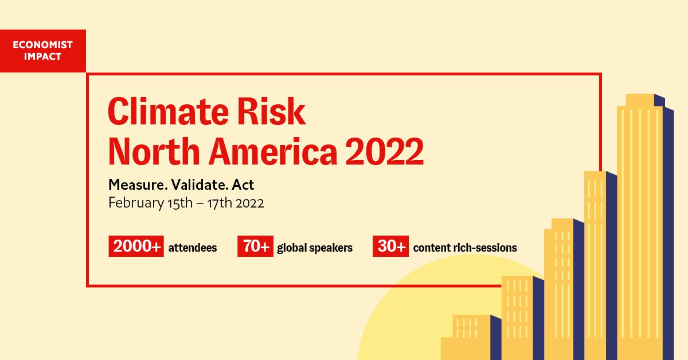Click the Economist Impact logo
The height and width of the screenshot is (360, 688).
click(43, 51)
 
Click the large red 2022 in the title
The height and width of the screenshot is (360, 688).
click(385, 151)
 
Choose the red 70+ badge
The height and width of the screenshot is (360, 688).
click(255, 247)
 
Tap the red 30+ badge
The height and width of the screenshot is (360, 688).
click(390, 247)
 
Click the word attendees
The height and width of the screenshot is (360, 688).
click(193, 248)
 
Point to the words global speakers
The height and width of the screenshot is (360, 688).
click(315, 248)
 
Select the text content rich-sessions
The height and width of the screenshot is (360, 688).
click(465, 248)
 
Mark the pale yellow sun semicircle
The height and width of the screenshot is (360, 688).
click(401, 321)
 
